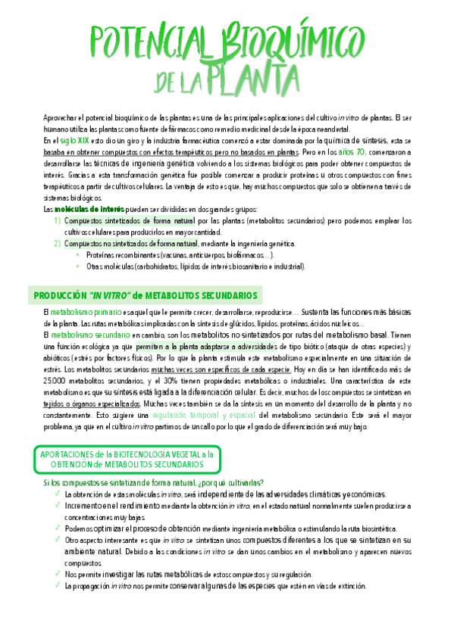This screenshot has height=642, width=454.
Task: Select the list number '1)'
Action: [x=58, y=199]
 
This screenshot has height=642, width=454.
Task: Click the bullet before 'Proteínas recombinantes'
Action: [x=77, y=255]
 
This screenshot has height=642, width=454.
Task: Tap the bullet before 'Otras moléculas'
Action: [x=77, y=266]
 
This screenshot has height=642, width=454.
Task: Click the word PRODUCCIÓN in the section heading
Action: [x=61, y=295]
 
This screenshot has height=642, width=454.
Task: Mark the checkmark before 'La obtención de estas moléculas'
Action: [x=57, y=494]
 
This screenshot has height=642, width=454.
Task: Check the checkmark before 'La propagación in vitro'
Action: [x=57, y=585]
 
